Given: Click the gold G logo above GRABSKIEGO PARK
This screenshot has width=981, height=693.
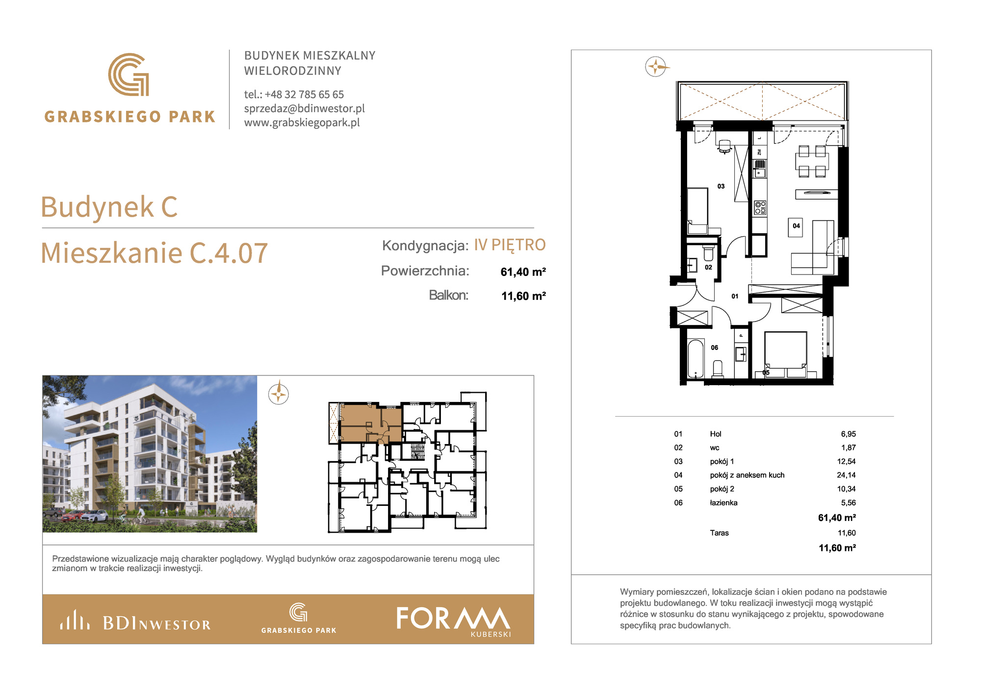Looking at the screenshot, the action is [x=129, y=74].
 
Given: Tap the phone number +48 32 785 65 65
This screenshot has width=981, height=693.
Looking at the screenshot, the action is [x=304, y=94].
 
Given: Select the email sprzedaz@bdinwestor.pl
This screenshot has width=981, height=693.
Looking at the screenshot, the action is [x=305, y=108].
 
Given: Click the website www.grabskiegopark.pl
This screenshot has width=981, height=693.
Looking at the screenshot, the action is [x=302, y=123].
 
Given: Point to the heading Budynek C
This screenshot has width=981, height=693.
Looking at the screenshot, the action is [x=109, y=207].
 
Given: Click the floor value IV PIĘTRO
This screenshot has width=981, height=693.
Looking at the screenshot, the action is [x=510, y=245].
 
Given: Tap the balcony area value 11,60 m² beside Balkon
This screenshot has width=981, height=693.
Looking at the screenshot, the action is [x=523, y=296].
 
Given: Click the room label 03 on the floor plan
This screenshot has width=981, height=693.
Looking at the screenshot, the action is [x=721, y=186].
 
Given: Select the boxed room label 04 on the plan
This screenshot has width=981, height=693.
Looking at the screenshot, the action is [x=796, y=226].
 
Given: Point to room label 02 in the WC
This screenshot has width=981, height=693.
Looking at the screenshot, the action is [x=708, y=267].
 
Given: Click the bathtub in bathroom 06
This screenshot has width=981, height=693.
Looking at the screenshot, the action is [x=696, y=359].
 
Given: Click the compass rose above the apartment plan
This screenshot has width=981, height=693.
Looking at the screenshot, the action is [x=656, y=66].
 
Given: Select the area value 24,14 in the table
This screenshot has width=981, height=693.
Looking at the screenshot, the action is [x=846, y=475].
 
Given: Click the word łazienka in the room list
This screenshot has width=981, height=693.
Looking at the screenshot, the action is [x=723, y=502].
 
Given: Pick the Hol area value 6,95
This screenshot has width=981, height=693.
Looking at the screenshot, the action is [x=848, y=434].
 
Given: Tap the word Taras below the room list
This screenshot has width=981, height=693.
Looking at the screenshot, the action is [x=719, y=533].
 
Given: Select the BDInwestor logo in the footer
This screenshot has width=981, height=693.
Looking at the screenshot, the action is [x=135, y=620].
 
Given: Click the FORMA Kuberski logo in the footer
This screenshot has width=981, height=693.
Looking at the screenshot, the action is [x=454, y=621].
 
